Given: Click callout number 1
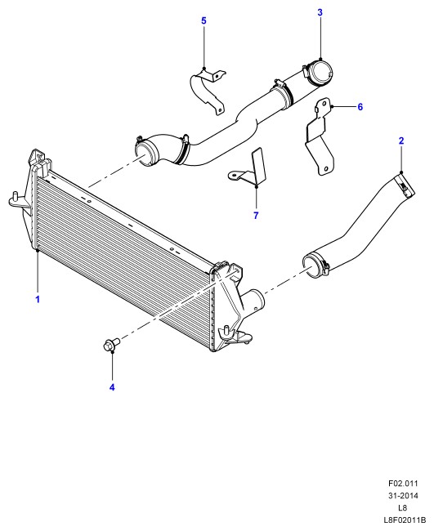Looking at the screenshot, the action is pyautogui.click(x=38, y=299).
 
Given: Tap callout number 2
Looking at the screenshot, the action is pyautogui.click(x=401, y=141).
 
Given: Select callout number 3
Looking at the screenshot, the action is pyautogui.click(x=320, y=12).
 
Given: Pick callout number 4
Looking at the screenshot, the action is pyautogui.click(x=112, y=387).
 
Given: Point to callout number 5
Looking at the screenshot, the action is pyautogui.click(x=204, y=20).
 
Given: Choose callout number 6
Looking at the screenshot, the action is pyautogui.click(x=360, y=107).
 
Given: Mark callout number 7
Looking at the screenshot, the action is pyautogui.click(x=256, y=215).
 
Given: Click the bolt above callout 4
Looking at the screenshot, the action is pyautogui.click(x=111, y=345).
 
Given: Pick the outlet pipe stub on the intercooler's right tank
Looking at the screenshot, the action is pyautogui.click(x=253, y=300).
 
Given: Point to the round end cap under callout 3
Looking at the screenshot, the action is pyautogui.click(x=320, y=72).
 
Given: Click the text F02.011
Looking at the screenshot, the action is pyautogui.click(x=403, y=484).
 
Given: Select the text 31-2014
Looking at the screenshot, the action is pyautogui.click(x=403, y=495).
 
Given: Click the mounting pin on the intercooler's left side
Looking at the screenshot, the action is pyautogui.click(x=15, y=196).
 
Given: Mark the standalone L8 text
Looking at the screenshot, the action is pyautogui.click(x=403, y=507).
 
